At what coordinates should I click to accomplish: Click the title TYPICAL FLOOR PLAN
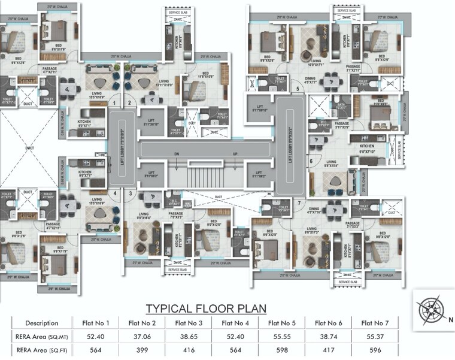pos(206,309)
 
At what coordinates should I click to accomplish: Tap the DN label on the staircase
pos(176,155)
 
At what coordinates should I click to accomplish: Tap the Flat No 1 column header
pos(96,323)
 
